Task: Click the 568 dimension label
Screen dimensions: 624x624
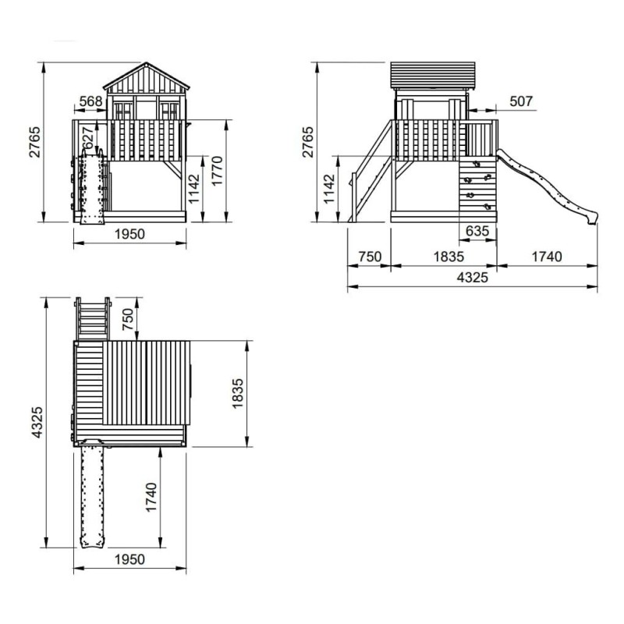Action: click(90, 101)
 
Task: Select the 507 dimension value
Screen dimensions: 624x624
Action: click(521, 101)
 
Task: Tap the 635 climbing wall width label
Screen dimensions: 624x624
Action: click(477, 231)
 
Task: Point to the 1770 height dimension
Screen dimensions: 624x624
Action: click(218, 170)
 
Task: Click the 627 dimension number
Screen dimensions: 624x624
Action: click(88, 138)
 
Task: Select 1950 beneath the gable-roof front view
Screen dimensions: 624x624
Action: click(129, 234)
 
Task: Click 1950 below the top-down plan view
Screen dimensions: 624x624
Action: click(129, 559)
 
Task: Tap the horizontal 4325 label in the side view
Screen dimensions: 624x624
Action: click(473, 277)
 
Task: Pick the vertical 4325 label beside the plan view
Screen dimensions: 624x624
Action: click(37, 422)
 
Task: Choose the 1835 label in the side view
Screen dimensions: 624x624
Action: click(448, 257)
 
